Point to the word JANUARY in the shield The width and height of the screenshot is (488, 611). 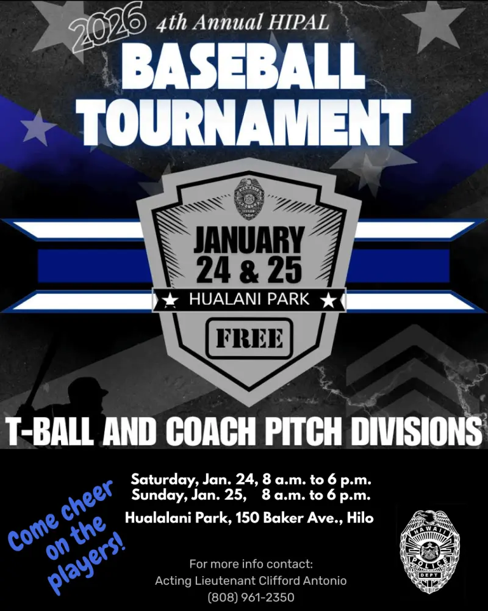[x=248, y=240]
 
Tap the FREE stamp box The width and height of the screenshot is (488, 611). [x=249, y=338]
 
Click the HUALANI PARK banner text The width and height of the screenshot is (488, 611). [x=248, y=300]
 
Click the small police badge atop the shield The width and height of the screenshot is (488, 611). [x=248, y=199]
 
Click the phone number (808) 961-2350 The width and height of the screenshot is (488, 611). [x=251, y=596]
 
